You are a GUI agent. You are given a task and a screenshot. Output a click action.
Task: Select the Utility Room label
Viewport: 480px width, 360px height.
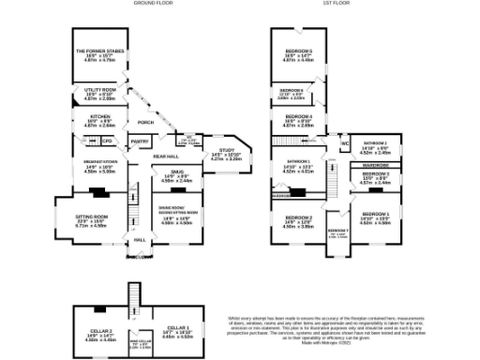point(100,91)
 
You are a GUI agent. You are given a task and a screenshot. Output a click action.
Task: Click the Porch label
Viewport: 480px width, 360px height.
point(145,122)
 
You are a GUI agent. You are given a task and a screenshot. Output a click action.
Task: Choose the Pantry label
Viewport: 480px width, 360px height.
point(139,142)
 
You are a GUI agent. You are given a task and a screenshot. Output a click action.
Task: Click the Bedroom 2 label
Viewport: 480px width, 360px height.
point(299,220)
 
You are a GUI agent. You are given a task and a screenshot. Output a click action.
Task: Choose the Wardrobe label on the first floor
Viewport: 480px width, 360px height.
point(376,164)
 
